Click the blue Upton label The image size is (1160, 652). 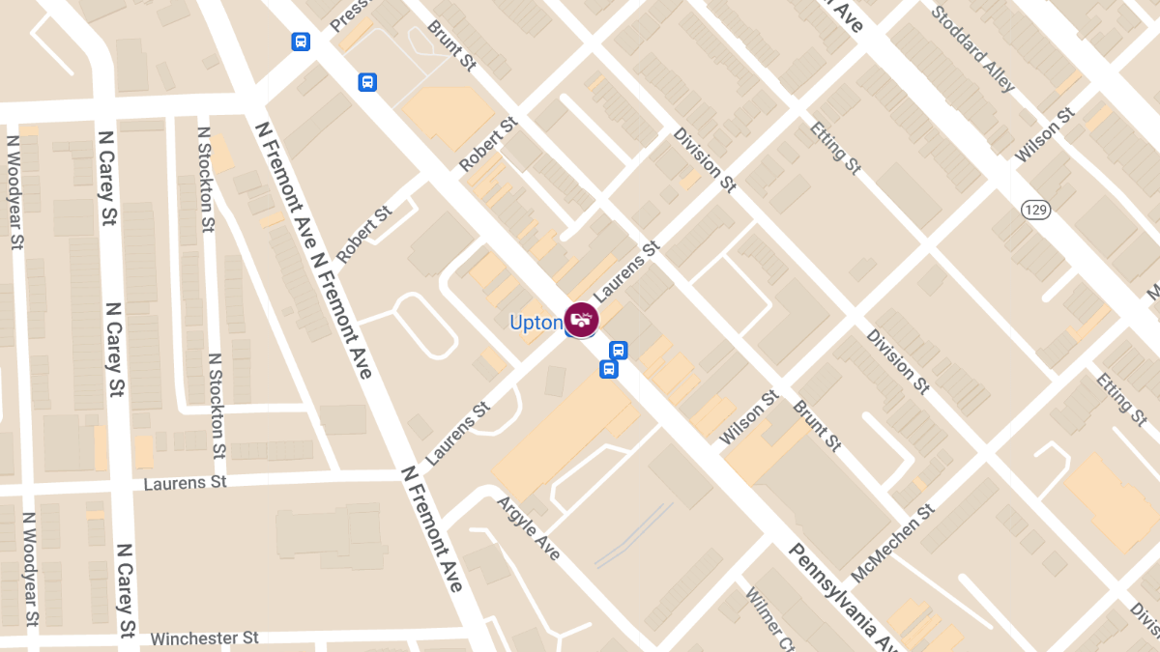coord(536,322)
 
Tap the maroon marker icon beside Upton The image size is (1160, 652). coord(581,320)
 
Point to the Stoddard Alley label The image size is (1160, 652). coord(973,48)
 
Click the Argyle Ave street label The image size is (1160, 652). coord(528,527)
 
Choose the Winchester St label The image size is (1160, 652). coord(205,638)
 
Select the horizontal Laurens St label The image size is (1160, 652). coord(185,481)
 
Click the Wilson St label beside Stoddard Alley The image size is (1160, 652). coord(1045,135)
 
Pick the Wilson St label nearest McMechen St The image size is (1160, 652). coord(749,417)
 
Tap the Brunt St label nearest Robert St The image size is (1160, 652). coord(452,45)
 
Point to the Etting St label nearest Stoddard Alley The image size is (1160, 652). coord(836,148)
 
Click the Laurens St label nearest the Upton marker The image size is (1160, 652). coord(624,269)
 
